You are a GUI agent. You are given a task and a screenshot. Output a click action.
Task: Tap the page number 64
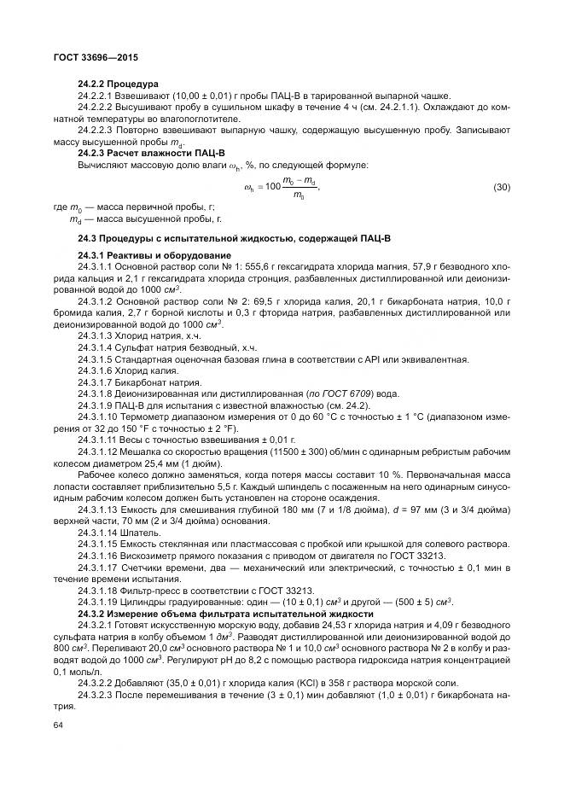point(58,725)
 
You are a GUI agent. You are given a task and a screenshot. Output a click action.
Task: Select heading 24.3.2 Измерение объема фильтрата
point(225,614)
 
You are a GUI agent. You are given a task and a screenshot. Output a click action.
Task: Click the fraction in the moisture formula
point(299,186)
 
